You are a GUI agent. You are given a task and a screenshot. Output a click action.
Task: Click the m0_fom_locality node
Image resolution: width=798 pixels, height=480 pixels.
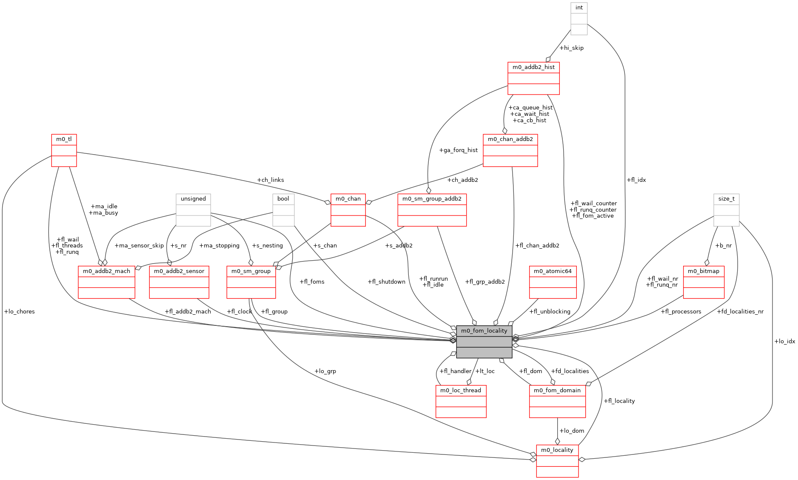coord(484,342)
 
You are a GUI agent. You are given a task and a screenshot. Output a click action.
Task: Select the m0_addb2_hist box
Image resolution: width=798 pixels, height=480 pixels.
coord(533,78)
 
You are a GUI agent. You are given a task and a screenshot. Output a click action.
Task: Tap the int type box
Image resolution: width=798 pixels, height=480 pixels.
coord(579,19)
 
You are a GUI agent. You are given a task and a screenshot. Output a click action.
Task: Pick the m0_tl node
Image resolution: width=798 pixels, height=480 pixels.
coord(64,150)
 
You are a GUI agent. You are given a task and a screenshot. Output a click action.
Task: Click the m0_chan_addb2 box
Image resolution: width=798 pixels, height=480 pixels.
coord(510,150)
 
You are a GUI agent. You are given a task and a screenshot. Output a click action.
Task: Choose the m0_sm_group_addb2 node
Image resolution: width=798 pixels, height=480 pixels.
coord(432,210)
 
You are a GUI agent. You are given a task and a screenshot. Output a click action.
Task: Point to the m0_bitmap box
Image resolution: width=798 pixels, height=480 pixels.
coord(704,282)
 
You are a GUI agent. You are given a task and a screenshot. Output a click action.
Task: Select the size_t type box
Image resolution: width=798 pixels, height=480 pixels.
coord(727,210)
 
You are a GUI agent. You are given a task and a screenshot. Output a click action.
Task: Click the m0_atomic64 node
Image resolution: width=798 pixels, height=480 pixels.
coord(553,282)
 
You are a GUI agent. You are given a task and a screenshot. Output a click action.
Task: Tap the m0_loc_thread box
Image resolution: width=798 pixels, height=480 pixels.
coord(461,401)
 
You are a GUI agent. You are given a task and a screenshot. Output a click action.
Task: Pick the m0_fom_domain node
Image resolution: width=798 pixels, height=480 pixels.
coord(557,401)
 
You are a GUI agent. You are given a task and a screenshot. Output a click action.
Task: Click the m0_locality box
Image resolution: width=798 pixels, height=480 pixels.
coord(557,461)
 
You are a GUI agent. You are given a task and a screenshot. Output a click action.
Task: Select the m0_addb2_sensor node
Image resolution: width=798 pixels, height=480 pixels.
coord(179,282)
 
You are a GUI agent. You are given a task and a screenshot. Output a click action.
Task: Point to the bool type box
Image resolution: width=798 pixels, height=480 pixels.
coord(283,210)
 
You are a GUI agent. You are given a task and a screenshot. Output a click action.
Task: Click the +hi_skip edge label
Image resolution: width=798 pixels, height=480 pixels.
coord(571,48)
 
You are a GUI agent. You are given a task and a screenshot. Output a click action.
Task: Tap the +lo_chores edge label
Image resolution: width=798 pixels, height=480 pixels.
coord(19,311)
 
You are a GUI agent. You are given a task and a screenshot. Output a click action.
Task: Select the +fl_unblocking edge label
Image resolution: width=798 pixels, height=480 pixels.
coord(550,311)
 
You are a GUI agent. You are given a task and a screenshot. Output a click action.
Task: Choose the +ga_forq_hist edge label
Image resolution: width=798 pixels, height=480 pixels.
coord(458,150)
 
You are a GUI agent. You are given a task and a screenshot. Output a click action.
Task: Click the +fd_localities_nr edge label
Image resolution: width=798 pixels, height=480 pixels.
coord(740,311)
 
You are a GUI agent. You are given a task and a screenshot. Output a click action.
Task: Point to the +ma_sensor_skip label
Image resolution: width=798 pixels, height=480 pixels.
coord(139,245)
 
